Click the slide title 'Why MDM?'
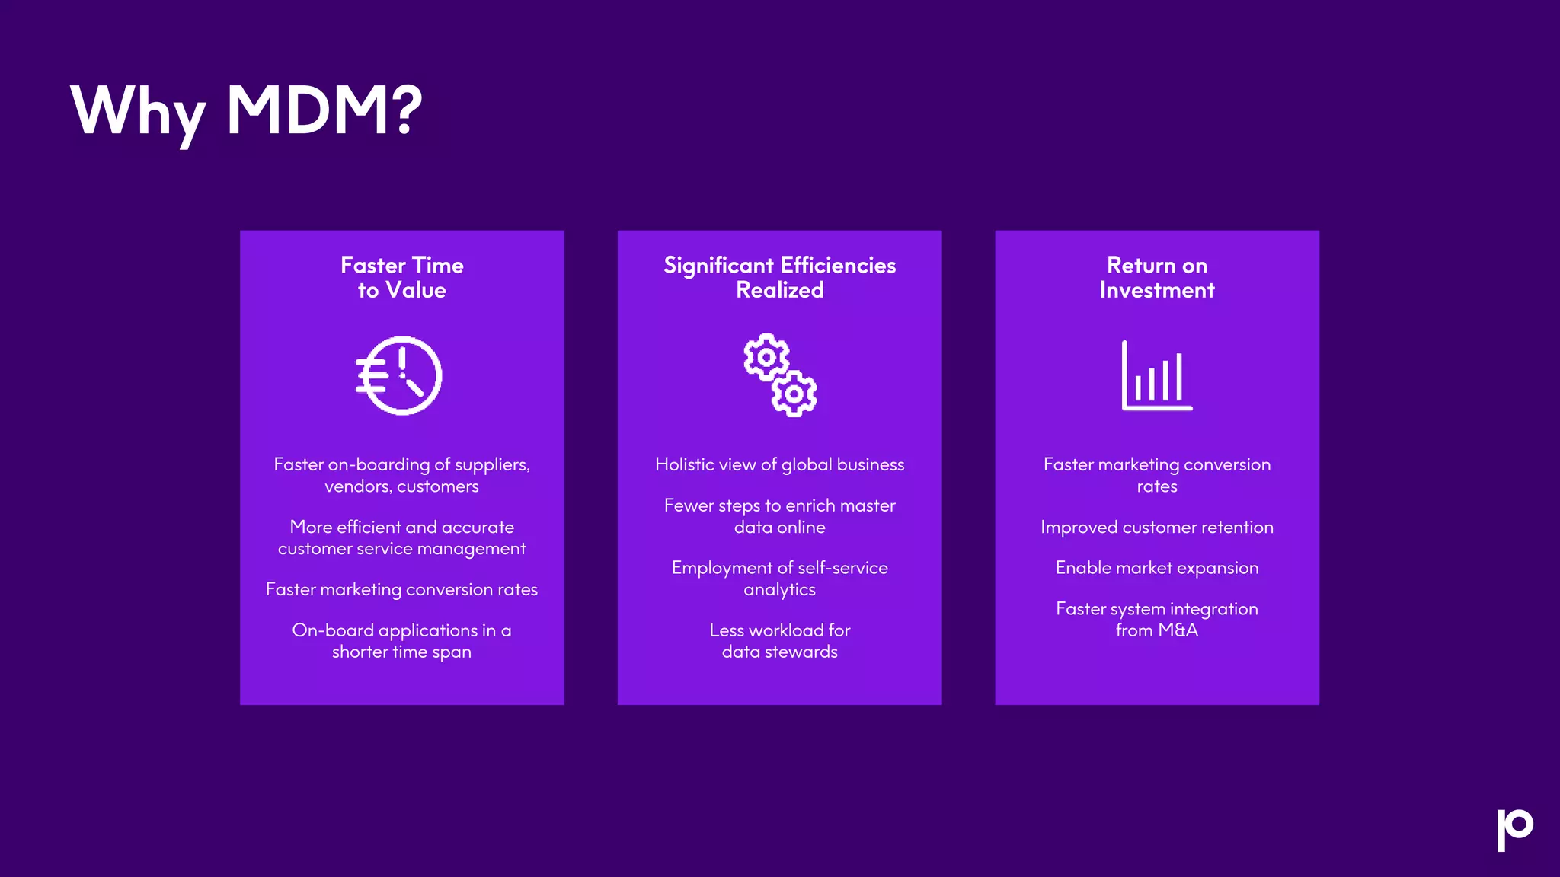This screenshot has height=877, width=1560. coord(246,111)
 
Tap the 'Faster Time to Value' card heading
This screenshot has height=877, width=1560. coord(401,277)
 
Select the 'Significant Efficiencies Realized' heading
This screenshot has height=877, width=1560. coord(779,277)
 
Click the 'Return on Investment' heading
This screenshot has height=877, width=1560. coord(1156,277)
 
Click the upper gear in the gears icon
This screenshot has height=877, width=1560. coord(766,357)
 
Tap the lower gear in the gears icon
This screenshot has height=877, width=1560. coord(794,394)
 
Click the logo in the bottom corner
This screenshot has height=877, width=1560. coord(1514,828)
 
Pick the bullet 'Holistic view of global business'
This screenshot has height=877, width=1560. coord(779,464)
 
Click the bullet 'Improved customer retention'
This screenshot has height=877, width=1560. coord(1156,527)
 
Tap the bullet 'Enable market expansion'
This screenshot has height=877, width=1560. coord(1156,568)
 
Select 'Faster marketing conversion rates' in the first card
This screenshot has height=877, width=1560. coord(401,589)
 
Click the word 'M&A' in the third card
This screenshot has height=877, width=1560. coord(1178,630)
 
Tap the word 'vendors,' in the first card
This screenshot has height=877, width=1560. coord(357,486)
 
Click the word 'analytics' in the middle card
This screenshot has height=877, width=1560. coord(779,590)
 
